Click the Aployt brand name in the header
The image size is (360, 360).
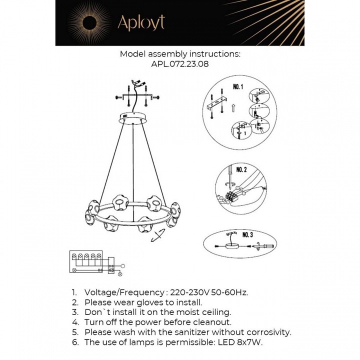140,22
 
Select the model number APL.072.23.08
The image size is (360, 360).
180,64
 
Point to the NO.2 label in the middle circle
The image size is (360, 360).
241,170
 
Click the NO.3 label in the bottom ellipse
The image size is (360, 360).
247,234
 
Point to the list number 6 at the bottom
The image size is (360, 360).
74,342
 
